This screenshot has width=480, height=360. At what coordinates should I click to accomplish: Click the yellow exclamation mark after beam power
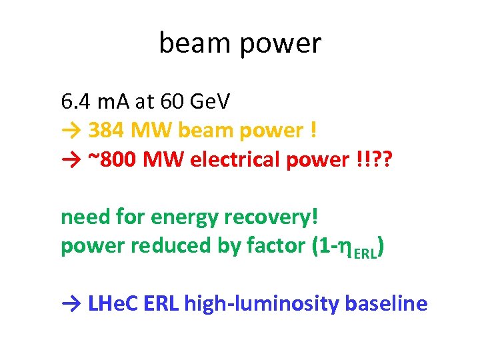tap(313, 130)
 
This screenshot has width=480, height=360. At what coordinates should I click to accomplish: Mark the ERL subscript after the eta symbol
tap(365, 253)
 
